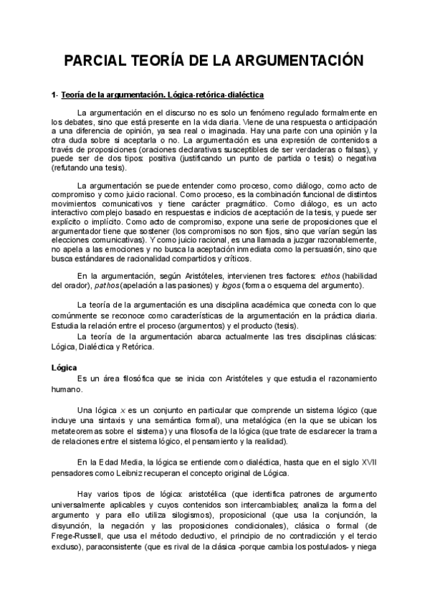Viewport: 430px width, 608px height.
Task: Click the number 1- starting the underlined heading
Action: coord(54,95)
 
